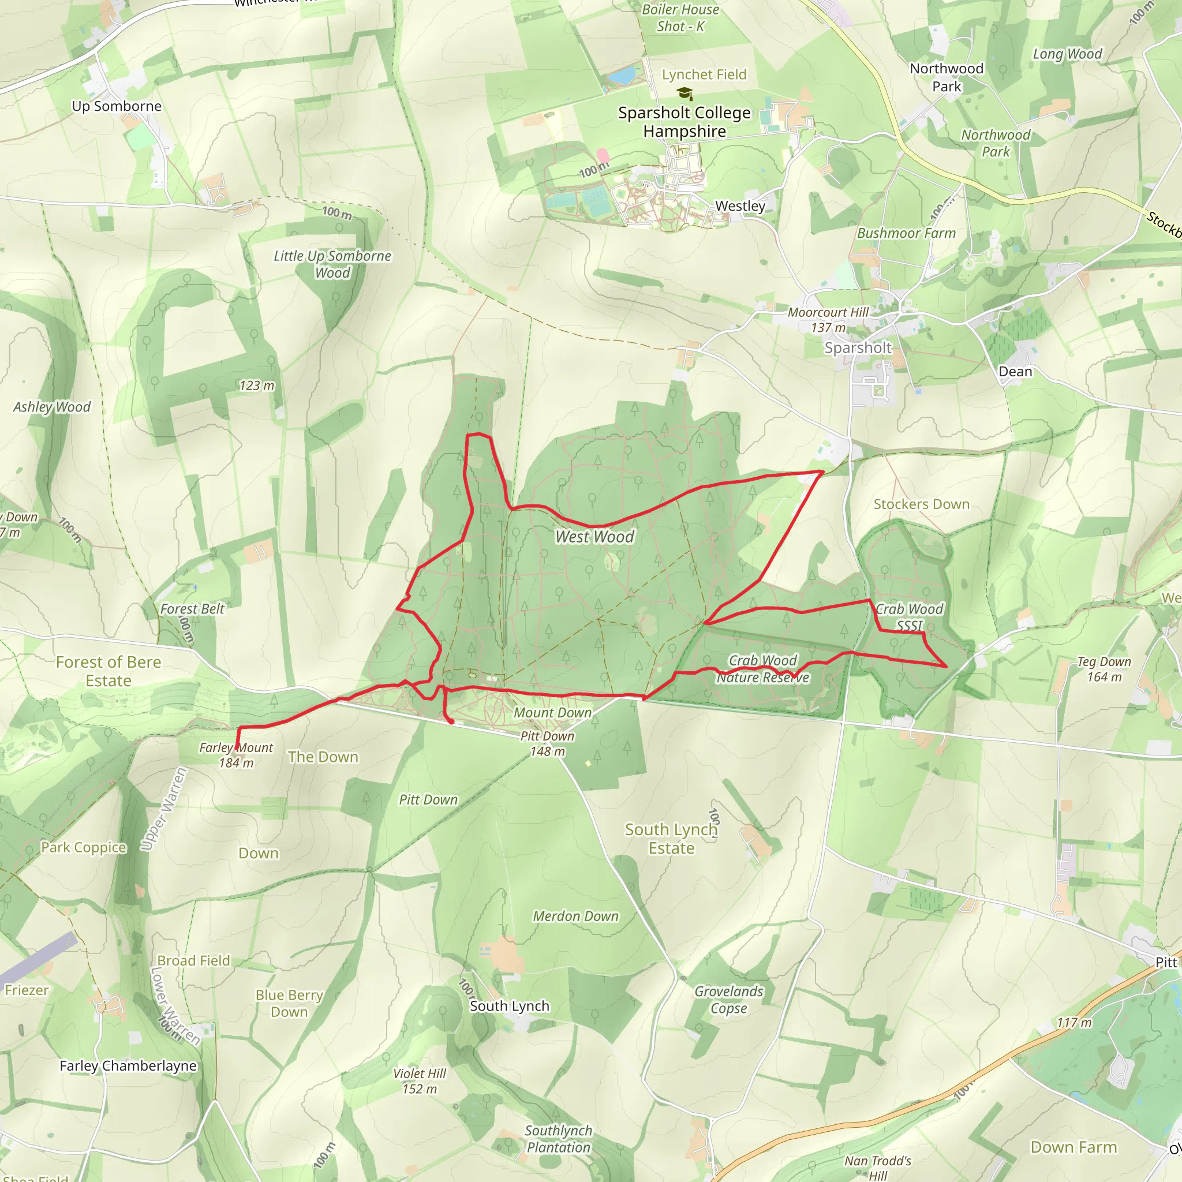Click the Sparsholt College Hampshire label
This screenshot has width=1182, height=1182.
[684, 122]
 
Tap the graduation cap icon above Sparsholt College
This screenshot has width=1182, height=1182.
[684, 93]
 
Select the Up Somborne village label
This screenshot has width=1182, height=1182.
[117, 106]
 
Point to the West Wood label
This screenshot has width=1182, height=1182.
[594, 537]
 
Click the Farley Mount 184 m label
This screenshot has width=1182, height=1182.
[236, 755]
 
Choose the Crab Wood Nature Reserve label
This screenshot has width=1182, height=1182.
[763, 669]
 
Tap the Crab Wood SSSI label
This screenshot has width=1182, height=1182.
[909, 617]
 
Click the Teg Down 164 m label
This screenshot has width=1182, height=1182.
[1104, 669]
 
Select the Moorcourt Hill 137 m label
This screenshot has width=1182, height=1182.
[828, 320]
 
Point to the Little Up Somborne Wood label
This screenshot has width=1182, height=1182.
[332, 264]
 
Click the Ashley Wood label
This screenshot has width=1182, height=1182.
[52, 407]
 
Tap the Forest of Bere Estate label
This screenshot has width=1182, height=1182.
[109, 671]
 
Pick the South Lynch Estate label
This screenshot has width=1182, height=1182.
[671, 839]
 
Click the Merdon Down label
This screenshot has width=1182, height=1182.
[575, 916]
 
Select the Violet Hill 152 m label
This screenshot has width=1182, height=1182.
[420, 1081]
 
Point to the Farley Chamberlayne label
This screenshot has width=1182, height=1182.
[128, 1066]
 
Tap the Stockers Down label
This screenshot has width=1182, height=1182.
[921, 504]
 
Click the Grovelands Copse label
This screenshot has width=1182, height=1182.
[729, 1000]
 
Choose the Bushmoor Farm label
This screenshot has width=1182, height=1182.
[906, 233]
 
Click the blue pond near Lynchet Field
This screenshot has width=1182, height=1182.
[623, 75]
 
